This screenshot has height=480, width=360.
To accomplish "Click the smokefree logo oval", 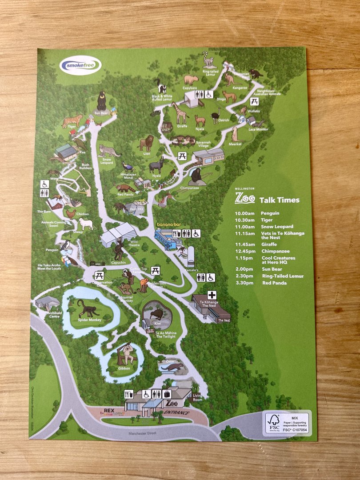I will pos(80,66).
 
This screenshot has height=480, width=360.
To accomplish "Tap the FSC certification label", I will pos(287,423).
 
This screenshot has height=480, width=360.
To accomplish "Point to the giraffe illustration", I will pos(180,113).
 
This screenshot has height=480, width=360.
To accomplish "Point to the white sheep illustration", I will pos(86,224).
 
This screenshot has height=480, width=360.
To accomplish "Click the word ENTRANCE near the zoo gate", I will pos(176,413).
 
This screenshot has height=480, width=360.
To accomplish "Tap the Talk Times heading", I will pos(279,200).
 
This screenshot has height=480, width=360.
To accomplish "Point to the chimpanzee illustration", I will pos(196,176).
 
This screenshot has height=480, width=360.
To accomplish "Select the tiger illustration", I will pos(72,120).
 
